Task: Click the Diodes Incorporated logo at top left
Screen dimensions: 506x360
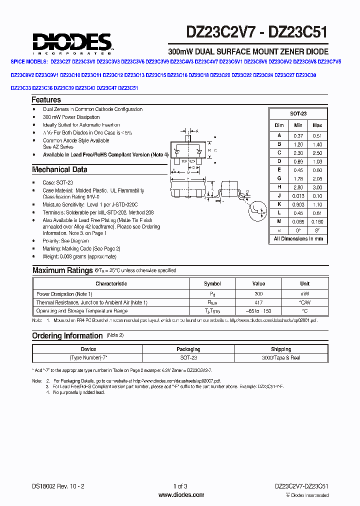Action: pos(72,42)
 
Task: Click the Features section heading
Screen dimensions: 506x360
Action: pos(46,99)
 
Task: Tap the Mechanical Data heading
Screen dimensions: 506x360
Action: pos(59,169)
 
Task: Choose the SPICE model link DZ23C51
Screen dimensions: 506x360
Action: pos(128,87)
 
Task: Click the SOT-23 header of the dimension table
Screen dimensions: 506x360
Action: pos(298,114)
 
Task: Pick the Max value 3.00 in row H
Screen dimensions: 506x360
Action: pos(317,186)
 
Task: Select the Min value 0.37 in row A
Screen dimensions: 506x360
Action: pos(298,135)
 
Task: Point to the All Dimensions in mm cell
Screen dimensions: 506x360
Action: pos(298,238)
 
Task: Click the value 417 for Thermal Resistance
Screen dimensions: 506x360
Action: pos(258,302)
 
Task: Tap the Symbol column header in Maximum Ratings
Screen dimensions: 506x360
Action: pos(212,283)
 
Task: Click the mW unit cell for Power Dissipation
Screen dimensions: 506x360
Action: pos(304,294)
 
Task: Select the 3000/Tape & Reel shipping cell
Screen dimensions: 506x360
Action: pos(281,358)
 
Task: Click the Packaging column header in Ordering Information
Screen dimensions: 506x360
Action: pos(188,349)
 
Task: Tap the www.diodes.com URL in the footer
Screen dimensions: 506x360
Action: pos(180,495)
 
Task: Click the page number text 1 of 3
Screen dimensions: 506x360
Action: pos(180,486)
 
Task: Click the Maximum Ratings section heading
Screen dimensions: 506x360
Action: pos(62,270)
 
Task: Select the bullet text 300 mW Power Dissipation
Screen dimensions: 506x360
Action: pos(72,117)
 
